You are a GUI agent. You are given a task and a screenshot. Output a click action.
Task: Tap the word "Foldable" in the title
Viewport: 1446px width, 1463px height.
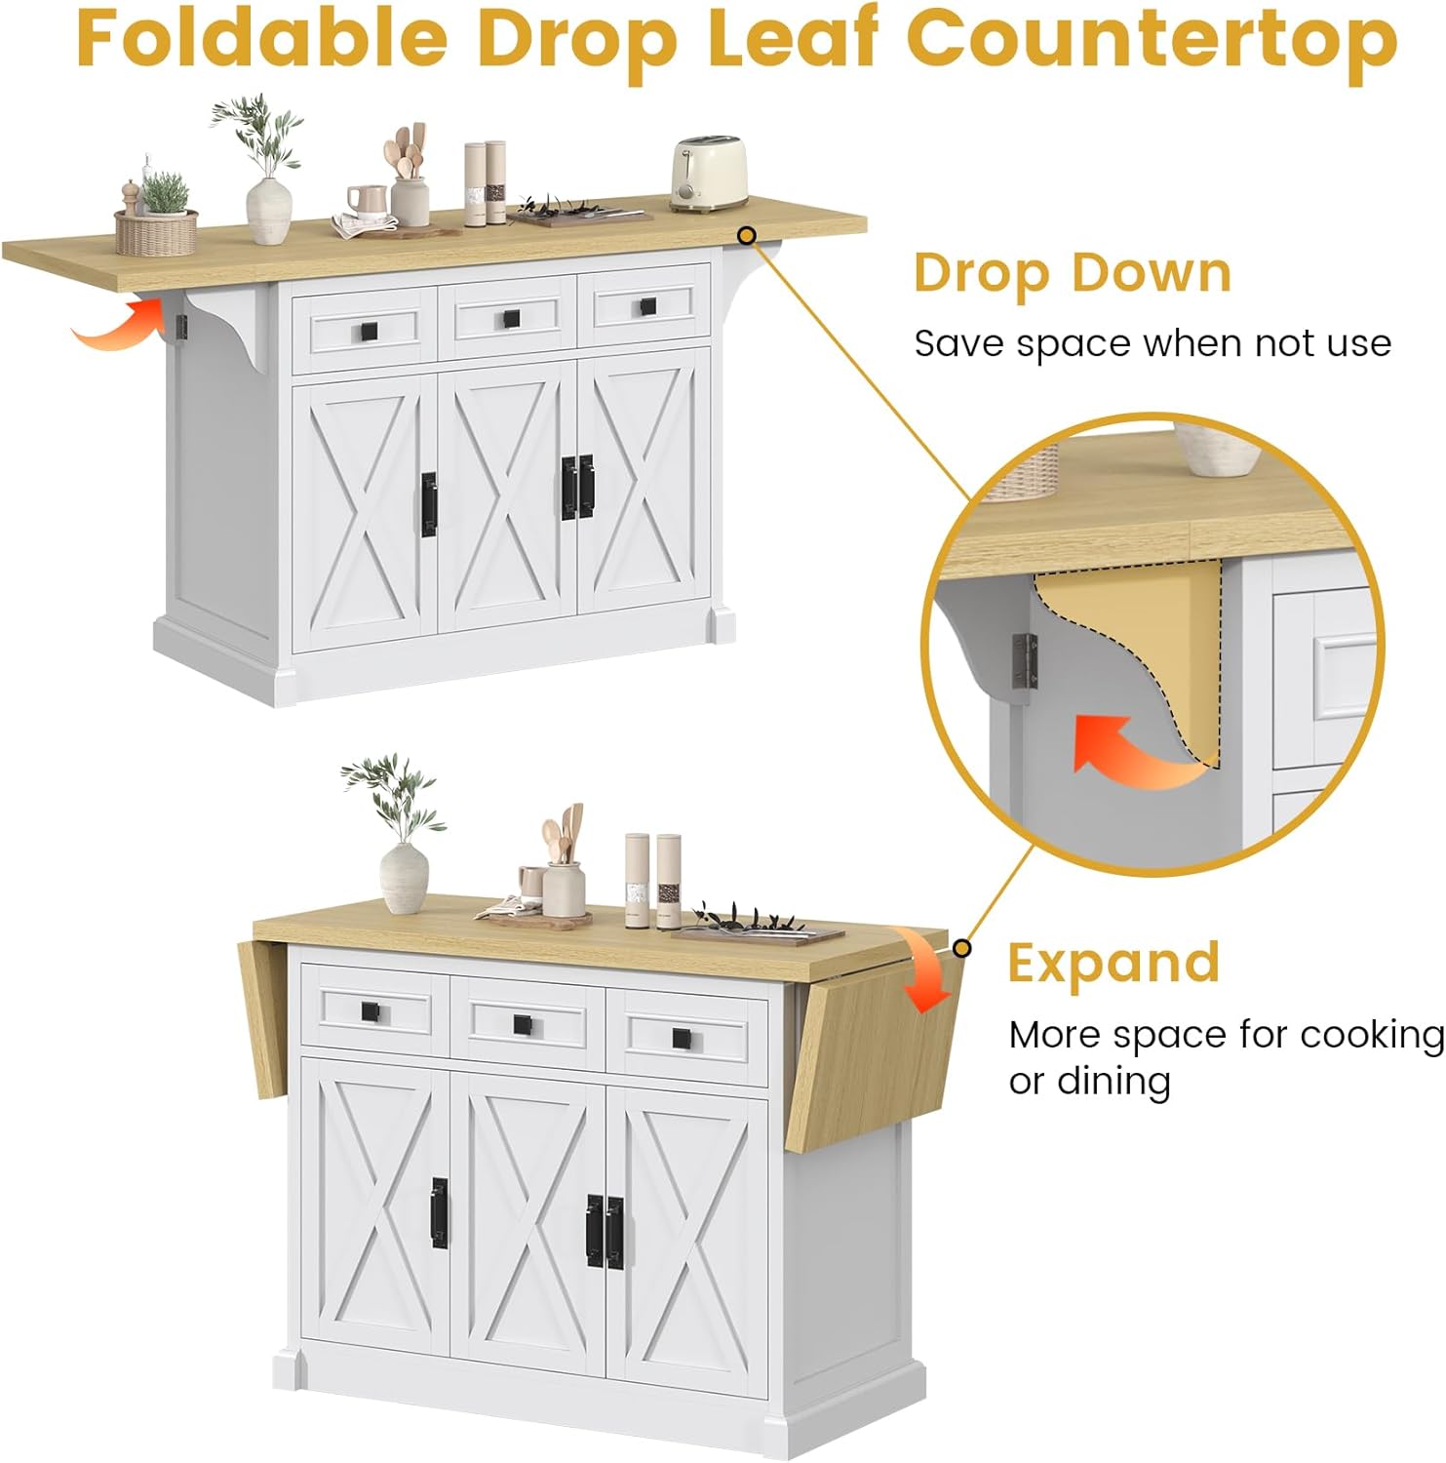click(x=262, y=38)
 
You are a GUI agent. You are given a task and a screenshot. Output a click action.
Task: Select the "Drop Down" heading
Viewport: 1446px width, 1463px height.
click(x=1073, y=274)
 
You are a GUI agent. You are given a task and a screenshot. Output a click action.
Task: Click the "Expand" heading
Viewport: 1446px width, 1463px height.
click(x=1114, y=964)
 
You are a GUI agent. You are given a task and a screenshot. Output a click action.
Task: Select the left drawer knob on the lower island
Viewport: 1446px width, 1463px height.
click(x=371, y=1011)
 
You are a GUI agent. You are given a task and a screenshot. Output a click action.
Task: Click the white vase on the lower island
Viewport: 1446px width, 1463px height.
click(x=404, y=879)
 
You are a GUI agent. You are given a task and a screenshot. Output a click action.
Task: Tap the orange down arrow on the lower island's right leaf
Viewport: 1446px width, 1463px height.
click(x=924, y=971)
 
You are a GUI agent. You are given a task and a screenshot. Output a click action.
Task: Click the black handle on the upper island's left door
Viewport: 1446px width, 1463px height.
click(x=428, y=504)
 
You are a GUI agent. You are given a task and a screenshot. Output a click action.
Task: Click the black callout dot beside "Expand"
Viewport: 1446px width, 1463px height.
click(x=961, y=948)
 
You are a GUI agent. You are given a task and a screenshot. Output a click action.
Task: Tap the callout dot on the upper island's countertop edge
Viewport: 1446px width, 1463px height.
click(x=747, y=235)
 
